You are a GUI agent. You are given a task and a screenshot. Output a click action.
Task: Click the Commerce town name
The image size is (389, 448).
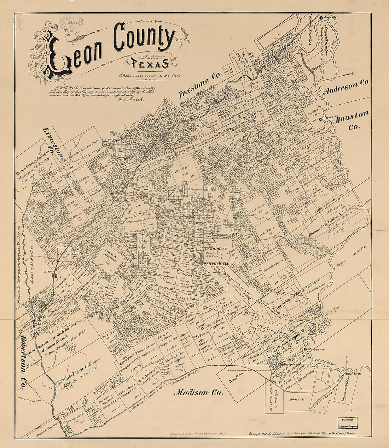pyautogui.click(x=317, y=349)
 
